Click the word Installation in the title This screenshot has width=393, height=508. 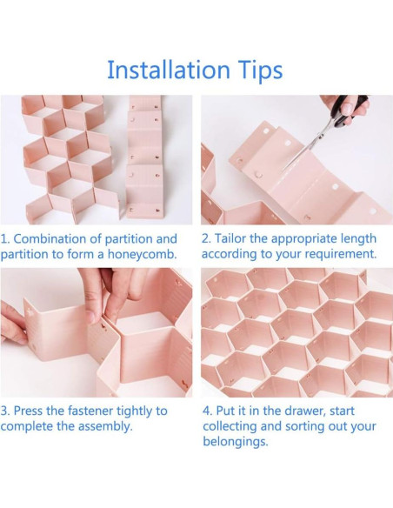tap(168, 70)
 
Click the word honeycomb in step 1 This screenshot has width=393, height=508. tap(142, 254)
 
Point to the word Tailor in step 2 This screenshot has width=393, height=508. tap(230, 238)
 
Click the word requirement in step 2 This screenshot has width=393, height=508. tap(343, 254)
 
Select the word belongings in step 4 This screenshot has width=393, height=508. tap(236, 442)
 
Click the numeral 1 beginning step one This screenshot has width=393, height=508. tap(3, 238)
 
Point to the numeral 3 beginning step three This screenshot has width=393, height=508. tap(4, 411)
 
